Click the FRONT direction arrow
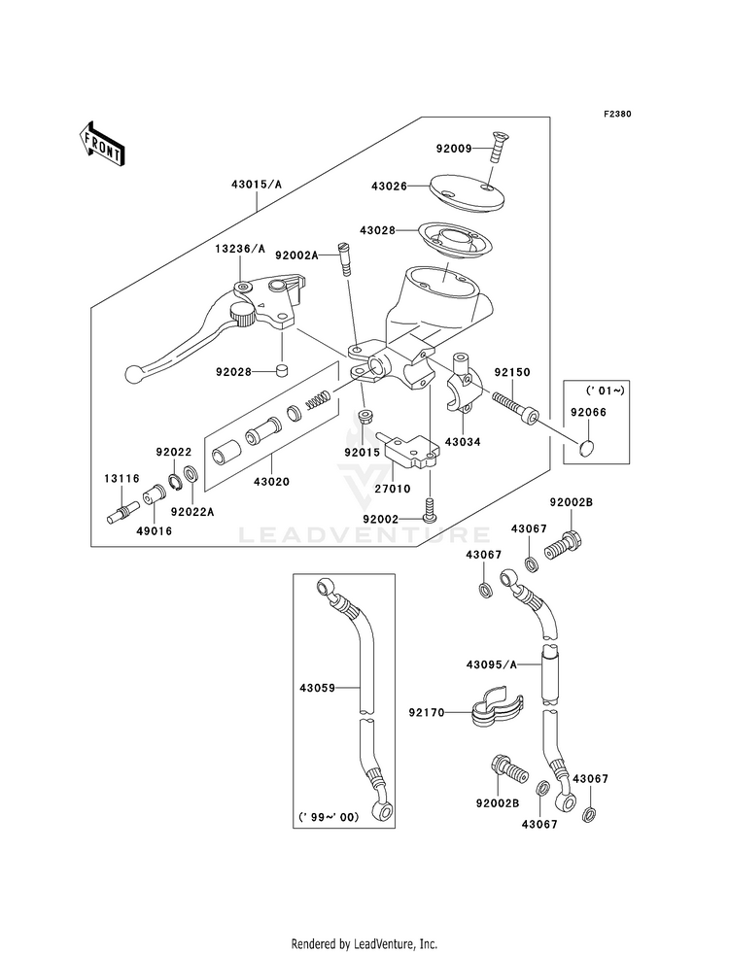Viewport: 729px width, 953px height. [x=101, y=144]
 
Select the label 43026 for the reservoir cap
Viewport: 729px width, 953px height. [x=389, y=186]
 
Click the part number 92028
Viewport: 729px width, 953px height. [x=233, y=371]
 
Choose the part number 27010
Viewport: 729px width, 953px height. [x=394, y=489]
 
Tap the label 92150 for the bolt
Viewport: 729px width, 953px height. [x=512, y=372]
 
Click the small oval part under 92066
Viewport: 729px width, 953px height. [x=586, y=449]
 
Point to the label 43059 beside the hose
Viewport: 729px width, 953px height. [x=318, y=688]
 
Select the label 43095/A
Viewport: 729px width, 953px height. [x=491, y=664]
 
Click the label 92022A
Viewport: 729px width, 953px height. [x=192, y=512]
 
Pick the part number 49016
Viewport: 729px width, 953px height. [x=155, y=531]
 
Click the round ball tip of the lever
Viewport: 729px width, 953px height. [x=131, y=373]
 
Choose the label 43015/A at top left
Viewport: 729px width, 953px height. [x=256, y=185]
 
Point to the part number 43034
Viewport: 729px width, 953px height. [x=463, y=442]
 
